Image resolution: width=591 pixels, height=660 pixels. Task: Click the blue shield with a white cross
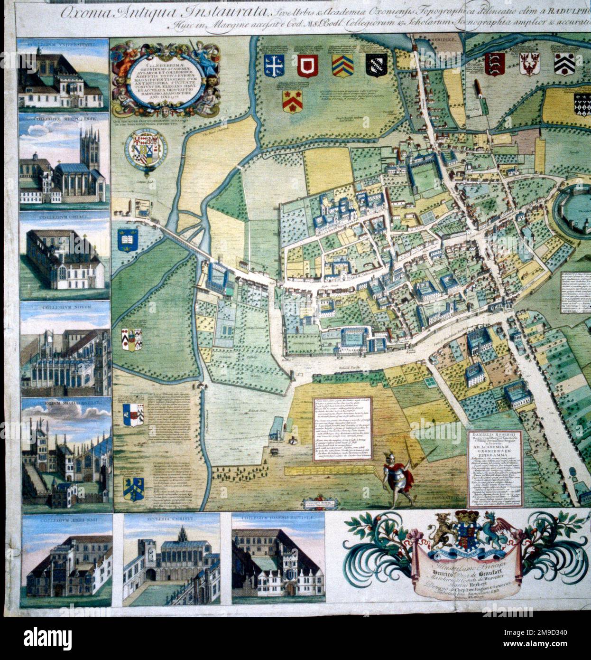pos(274,66)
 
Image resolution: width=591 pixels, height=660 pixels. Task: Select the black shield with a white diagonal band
pos(376,66)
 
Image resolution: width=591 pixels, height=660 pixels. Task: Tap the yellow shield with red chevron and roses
pos(291,100)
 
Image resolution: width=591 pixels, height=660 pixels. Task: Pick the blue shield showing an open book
pos(128,240)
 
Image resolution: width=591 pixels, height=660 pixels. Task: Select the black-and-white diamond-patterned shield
pos(583,102)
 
